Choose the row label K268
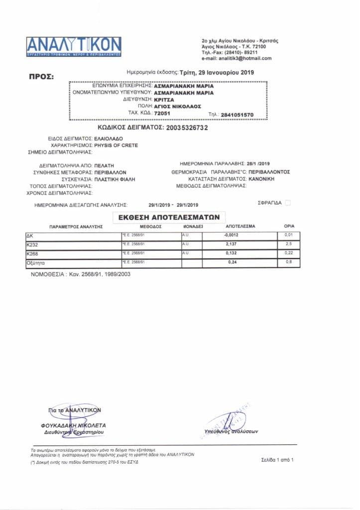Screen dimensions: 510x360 point(31,254)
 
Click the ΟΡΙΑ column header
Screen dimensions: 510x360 point(289,226)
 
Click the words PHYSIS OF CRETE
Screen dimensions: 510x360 point(117,145)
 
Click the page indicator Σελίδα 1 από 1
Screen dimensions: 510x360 point(277,460)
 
